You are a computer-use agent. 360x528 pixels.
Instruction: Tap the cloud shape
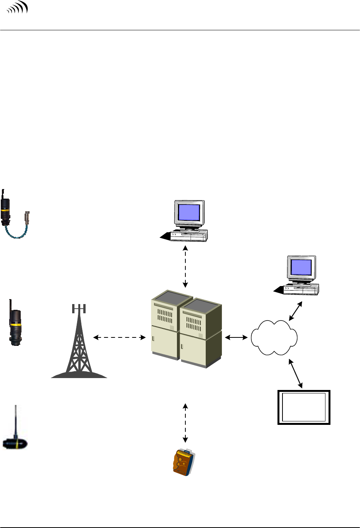[x=274, y=337]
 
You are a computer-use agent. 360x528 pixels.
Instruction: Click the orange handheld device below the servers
[x=184, y=462]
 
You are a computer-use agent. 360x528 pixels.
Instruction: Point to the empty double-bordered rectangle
[x=304, y=407]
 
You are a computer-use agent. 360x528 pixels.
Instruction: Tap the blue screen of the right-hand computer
[x=301, y=267]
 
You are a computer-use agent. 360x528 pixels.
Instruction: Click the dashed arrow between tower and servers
[x=119, y=337]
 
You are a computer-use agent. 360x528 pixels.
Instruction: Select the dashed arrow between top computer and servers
[x=185, y=266]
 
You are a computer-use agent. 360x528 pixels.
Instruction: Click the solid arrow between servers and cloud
[x=236, y=337]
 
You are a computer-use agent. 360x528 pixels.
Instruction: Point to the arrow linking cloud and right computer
[x=296, y=311]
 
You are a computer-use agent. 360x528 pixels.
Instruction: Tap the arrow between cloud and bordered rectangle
[x=296, y=373]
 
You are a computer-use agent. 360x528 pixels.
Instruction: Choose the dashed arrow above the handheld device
[x=185, y=423]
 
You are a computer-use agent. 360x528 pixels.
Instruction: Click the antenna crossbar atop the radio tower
[x=79, y=308]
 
